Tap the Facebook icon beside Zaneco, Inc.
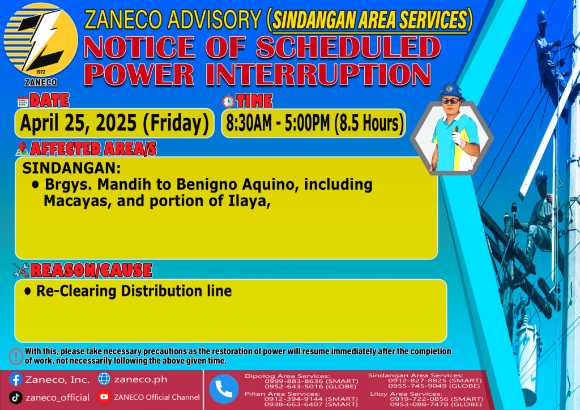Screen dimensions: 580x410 [x=15, y=379]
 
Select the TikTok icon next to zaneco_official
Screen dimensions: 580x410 [x=15, y=398]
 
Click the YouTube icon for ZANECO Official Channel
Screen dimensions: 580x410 [x=104, y=397]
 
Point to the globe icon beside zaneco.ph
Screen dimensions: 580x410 [x=104, y=379]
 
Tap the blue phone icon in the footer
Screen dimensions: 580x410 [x=224, y=389]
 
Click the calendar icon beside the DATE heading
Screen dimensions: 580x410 [x=23, y=102]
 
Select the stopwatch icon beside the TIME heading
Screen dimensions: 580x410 [x=228, y=101]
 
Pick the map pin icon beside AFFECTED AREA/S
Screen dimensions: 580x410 [x=22, y=148]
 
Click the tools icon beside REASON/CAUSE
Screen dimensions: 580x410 [x=21, y=270]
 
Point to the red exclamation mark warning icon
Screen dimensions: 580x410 [x=16, y=356]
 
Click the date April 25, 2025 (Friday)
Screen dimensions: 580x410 [x=114, y=123]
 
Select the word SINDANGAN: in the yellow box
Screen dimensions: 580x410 [x=72, y=168]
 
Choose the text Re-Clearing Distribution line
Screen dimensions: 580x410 [x=134, y=291]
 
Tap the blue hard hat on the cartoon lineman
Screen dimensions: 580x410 [x=450, y=91]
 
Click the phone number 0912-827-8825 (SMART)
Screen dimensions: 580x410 [x=434, y=381]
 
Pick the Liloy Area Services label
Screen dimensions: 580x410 [x=406, y=394]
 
